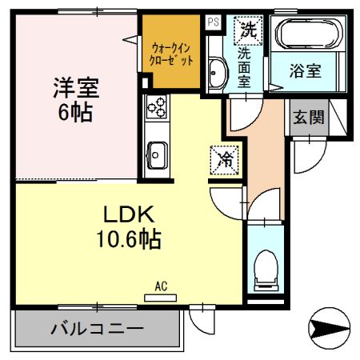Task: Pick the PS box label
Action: click(213, 22)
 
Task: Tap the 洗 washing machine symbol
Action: click(246, 30)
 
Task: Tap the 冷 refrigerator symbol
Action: click(226, 158)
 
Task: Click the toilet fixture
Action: click(263, 269)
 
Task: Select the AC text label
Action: click(160, 285)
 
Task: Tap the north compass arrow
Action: click(330, 328)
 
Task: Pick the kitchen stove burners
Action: click(156, 106)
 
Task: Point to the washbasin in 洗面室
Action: click(215, 74)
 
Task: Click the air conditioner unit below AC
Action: click(160, 297)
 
